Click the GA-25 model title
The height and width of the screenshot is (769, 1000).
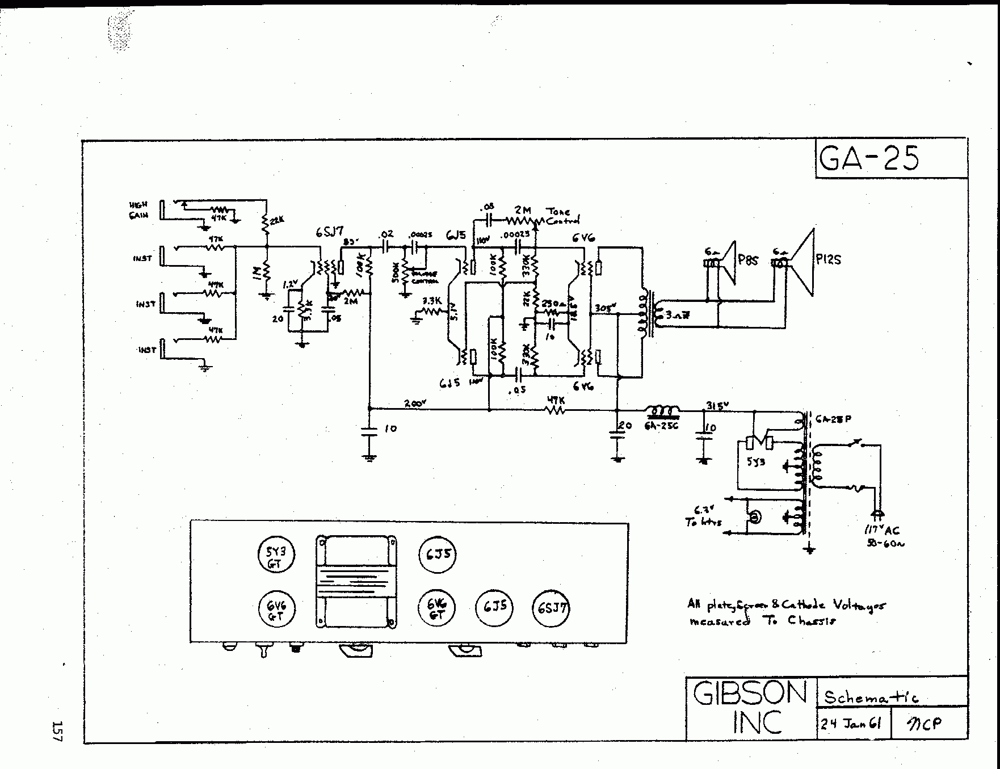[x=869, y=158]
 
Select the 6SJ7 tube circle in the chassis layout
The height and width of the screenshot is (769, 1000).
[x=551, y=608]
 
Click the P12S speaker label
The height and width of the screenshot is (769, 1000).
[x=828, y=260]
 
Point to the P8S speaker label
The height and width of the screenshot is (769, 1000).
[x=749, y=261]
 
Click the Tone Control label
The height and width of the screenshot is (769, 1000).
[x=562, y=216]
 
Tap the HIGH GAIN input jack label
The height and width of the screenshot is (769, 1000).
[x=138, y=210]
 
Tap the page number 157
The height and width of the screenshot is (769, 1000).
[x=57, y=731]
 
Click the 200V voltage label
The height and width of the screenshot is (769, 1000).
[x=415, y=404]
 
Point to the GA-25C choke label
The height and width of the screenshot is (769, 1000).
[x=661, y=425]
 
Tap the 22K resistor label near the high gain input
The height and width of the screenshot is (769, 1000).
[x=276, y=221]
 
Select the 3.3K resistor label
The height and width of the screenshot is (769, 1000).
[x=432, y=300]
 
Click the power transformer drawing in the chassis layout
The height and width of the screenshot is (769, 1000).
[x=356, y=582]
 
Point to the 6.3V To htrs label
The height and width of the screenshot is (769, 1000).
[x=704, y=515]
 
